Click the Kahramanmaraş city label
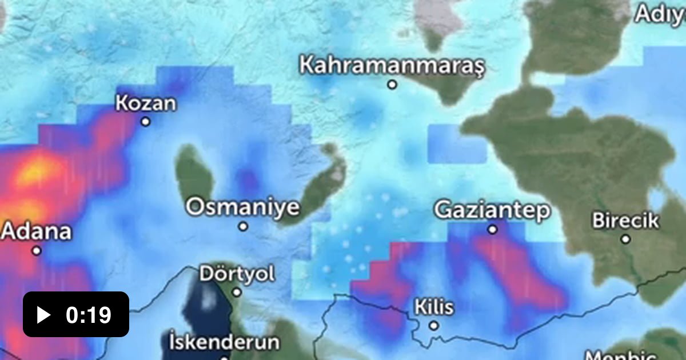pyautogui.click(x=392, y=65)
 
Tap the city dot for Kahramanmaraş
pyautogui.click(x=392, y=85)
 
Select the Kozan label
pyautogui.click(x=146, y=103)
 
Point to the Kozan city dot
pyautogui.click(x=146, y=121)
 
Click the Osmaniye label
pyautogui.click(x=243, y=207)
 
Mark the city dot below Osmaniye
pyautogui.click(x=243, y=226)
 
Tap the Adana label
pyautogui.click(x=37, y=231)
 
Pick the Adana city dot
pyautogui.click(x=37, y=250)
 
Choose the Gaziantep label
pyautogui.click(x=492, y=210)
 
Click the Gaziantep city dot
pyautogui.click(x=493, y=229)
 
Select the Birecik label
pyautogui.click(x=625, y=220)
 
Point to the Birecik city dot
pyautogui.click(x=626, y=239)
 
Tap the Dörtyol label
pyautogui.click(x=237, y=274)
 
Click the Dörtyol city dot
pyautogui.click(x=237, y=292)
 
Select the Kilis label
pyautogui.click(x=434, y=307)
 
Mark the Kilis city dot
pyautogui.click(x=434, y=326)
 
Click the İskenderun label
pyautogui.click(x=225, y=342)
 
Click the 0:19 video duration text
pyautogui.click(x=89, y=315)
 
